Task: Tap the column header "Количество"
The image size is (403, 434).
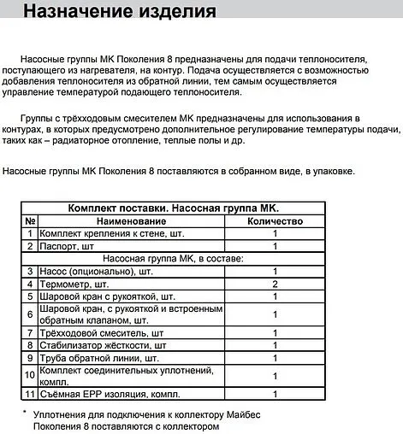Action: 275,220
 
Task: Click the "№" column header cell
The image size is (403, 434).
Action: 30,220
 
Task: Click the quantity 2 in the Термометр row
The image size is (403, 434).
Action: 275,283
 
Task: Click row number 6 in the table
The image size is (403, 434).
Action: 30,314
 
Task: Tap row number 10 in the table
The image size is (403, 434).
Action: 30,375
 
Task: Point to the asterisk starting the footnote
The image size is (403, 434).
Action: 26,413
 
